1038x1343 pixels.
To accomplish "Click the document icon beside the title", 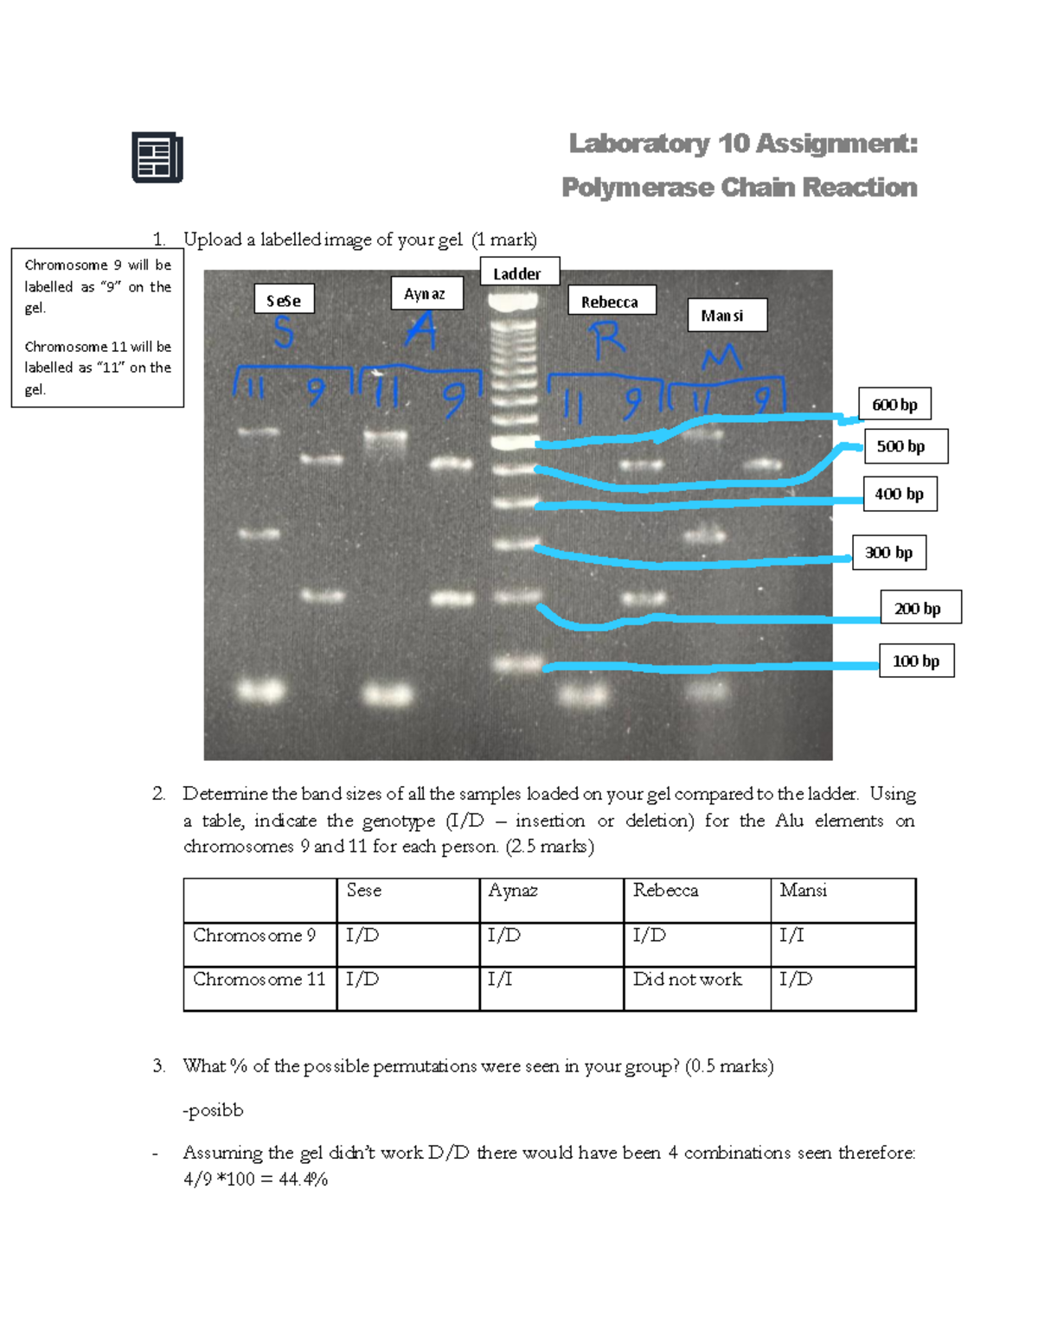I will [157, 157].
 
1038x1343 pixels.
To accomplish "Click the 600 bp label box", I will [894, 404].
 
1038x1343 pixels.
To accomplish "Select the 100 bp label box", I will [916, 661].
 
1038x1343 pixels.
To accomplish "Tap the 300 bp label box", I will [888, 552].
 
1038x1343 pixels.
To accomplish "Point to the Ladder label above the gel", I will [518, 273].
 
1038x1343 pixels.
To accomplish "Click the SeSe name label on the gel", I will [284, 300].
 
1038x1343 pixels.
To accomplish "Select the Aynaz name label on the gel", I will [426, 293].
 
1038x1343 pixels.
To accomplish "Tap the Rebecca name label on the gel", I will [611, 302].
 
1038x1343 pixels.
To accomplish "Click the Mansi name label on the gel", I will [725, 316].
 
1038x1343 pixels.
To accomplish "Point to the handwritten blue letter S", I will [283, 333].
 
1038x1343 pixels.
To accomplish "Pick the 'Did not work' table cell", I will [688, 979].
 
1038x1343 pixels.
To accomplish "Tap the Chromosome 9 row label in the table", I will [254, 935].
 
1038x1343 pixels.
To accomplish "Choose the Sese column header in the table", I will [363, 890].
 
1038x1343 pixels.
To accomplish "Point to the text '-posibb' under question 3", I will [213, 1110].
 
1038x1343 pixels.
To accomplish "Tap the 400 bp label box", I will [899, 494].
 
